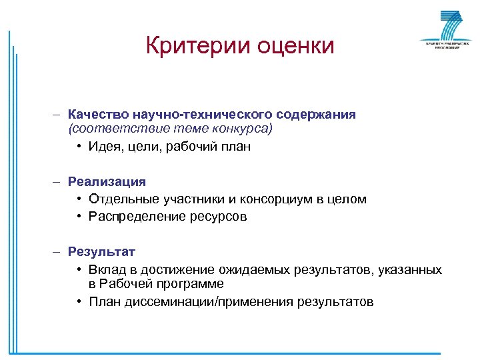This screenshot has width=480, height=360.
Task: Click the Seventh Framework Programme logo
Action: click(441, 31)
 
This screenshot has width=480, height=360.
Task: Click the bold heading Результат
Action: click(101, 251)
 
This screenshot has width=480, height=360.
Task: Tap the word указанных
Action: click(411, 269)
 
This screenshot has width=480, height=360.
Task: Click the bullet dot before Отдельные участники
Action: click(79, 199)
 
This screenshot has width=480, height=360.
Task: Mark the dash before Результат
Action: click(58, 251)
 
